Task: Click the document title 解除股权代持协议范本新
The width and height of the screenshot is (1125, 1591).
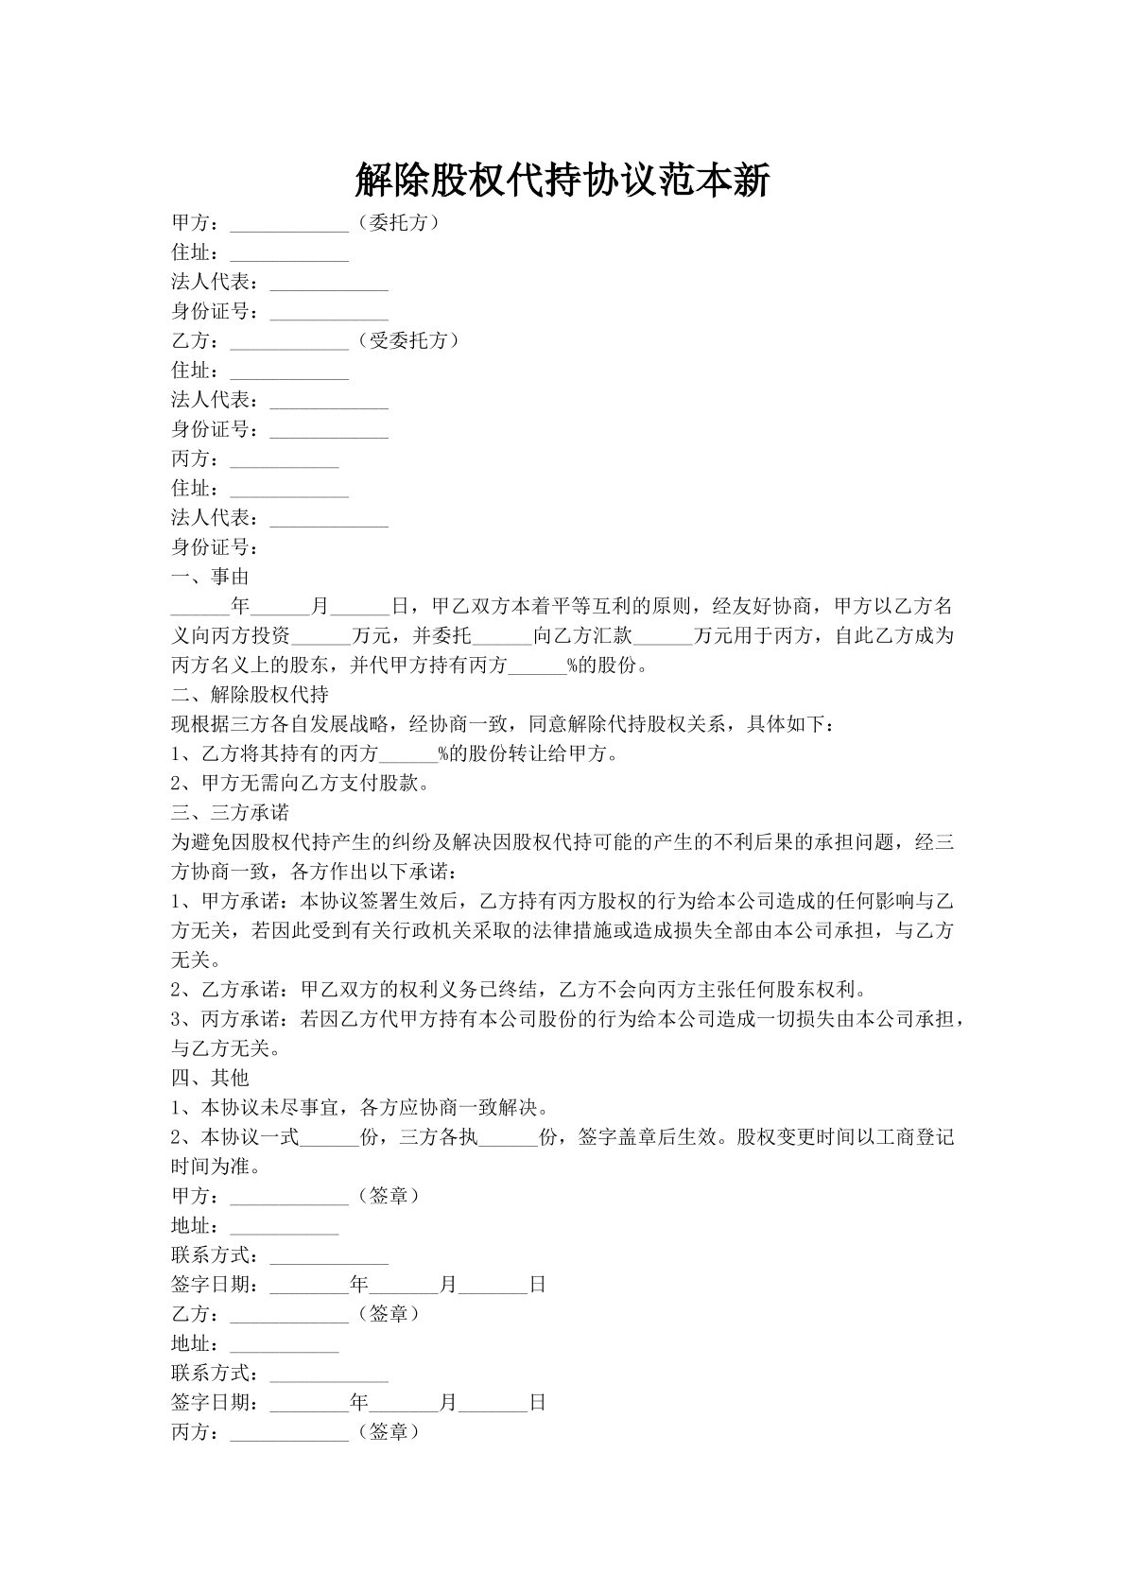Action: (562, 180)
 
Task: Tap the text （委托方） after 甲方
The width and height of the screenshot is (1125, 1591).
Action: (399, 223)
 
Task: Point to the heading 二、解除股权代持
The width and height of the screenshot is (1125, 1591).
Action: (250, 695)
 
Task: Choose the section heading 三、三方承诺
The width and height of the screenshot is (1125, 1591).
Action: (230, 813)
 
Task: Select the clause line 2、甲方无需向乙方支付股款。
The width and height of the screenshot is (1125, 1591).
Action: (301, 784)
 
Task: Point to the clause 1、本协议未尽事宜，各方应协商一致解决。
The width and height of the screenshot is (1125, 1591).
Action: (360, 1107)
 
